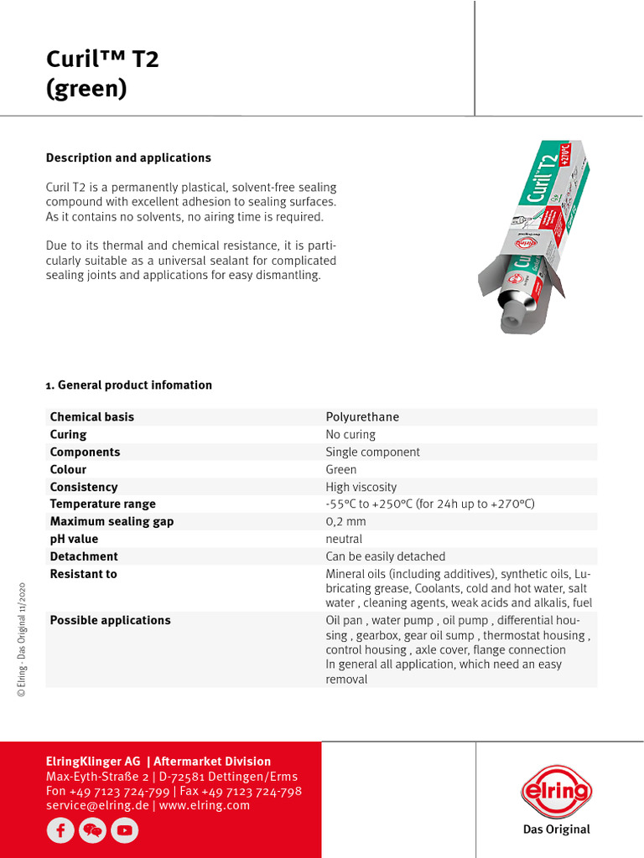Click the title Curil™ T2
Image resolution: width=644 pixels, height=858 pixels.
(x=101, y=59)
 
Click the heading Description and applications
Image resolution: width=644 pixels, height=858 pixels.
(x=128, y=158)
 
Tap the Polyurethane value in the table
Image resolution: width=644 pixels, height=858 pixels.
(x=362, y=417)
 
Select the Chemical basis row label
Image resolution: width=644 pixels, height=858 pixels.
(x=92, y=417)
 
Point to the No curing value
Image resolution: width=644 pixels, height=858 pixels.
(x=351, y=435)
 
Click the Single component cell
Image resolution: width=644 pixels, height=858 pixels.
(x=372, y=452)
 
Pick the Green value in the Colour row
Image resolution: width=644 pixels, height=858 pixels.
(x=340, y=470)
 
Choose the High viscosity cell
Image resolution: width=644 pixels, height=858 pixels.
(x=361, y=488)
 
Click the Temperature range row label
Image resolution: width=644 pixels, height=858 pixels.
(x=102, y=504)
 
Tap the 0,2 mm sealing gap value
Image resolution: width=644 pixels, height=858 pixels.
(x=345, y=522)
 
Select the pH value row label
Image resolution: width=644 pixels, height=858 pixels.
(x=74, y=540)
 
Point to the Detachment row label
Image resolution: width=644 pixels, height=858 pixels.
(x=84, y=557)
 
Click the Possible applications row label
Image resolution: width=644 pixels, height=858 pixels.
(x=110, y=621)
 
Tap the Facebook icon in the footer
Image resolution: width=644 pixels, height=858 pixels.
(x=60, y=830)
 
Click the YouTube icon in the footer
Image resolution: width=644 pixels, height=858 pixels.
(x=124, y=830)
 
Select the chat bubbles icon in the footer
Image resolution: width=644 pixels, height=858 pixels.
(x=92, y=830)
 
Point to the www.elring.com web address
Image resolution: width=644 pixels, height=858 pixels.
(x=205, y=805)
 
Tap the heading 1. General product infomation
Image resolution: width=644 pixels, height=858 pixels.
(x=128, y=385)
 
